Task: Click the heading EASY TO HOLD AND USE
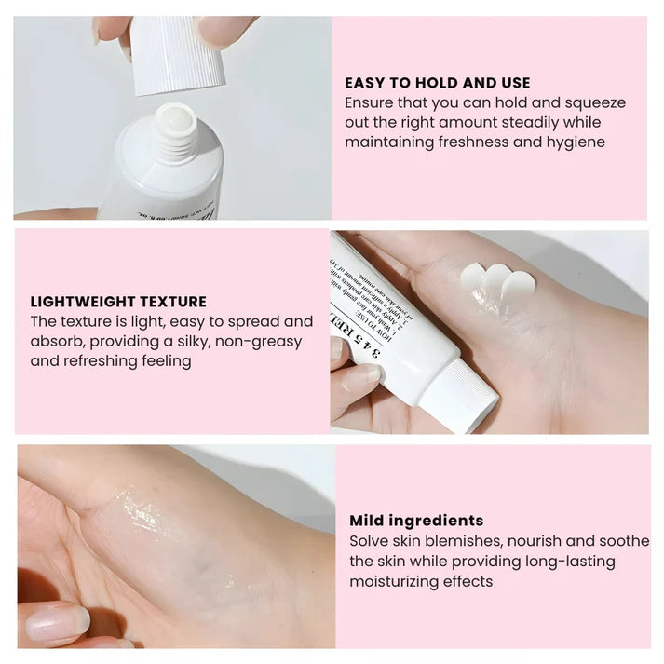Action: coord(437,83)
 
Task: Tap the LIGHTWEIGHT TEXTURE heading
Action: coord(118,302)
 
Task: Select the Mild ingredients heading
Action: coord(416,521)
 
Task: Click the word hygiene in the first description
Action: coord(573,142)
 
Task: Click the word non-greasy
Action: coord(258,341)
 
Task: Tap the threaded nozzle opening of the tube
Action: coord(175,130)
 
